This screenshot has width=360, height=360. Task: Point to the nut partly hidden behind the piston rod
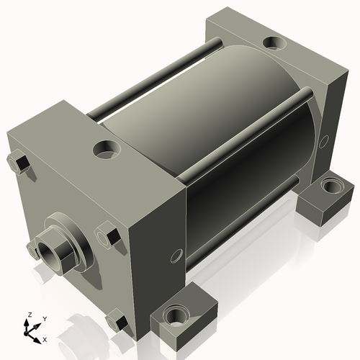click(x=32, y=250)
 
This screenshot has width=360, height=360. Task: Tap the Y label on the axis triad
click(x=44, y=318)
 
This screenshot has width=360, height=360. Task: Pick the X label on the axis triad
click(x=45, y=338)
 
